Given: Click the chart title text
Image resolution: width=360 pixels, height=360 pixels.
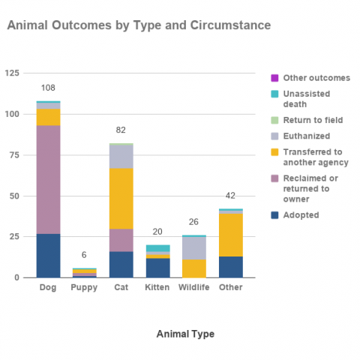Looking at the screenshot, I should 139,26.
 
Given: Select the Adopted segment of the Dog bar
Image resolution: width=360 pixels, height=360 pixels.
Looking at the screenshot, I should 48,255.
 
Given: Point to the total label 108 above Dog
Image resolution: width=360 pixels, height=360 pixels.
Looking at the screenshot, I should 48,88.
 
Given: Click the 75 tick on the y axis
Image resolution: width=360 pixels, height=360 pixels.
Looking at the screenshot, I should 13,154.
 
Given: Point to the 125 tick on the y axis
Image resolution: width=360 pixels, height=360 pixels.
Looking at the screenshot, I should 12,73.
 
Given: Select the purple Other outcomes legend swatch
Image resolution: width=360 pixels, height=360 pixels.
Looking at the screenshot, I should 274,78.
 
